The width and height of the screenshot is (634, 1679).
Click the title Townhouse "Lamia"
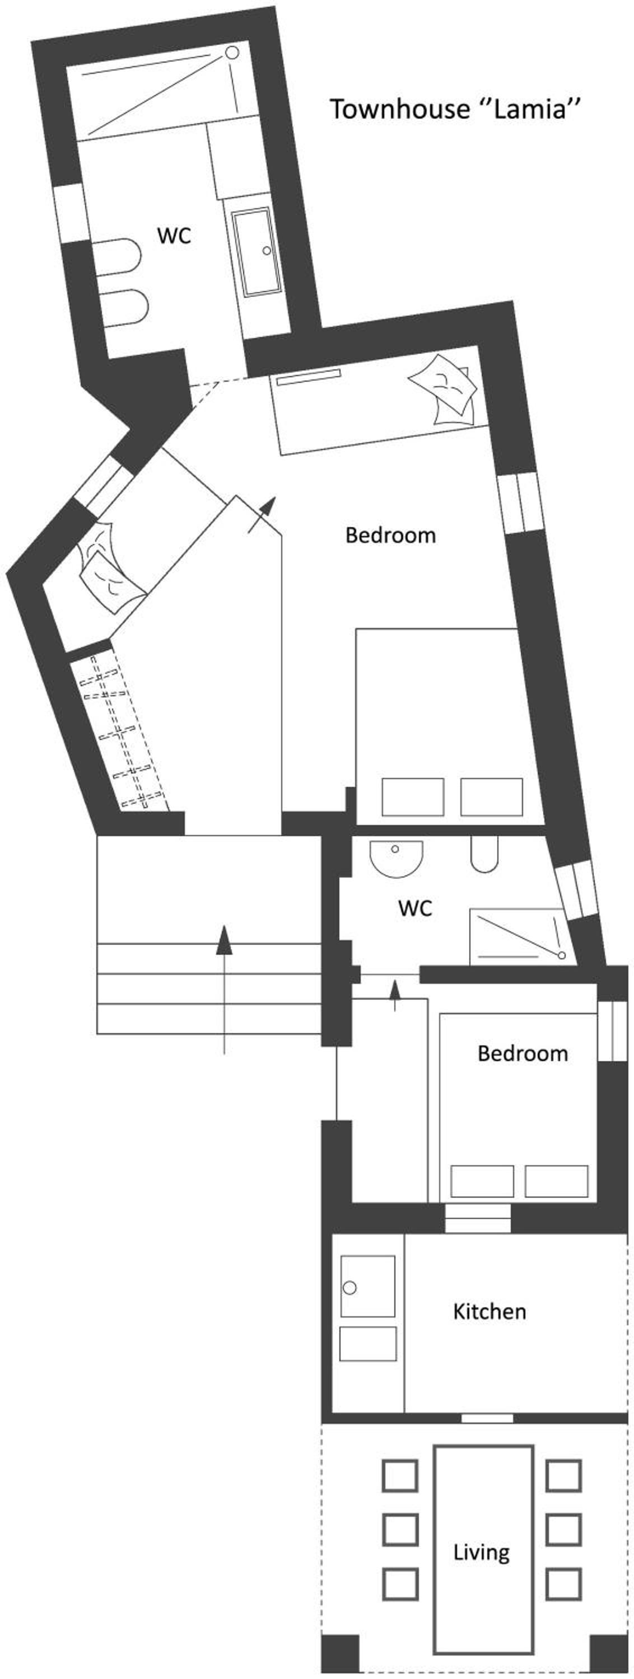coord(455,108)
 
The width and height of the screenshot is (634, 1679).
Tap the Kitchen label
coord(489,1311)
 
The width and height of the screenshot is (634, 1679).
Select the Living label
coord(481,1553)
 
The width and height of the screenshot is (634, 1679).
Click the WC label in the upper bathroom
coord(174,235)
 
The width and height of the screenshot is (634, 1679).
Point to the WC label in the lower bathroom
coord(415,908)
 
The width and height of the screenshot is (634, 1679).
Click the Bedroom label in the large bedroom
coord(391,535)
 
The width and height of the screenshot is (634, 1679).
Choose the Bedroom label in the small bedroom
coord(523,1053)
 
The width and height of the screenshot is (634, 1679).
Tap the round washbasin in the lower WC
coord(396,859)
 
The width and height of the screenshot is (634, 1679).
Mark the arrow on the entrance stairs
coord(225,989)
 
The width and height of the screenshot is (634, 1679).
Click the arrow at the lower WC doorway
coord(395,995)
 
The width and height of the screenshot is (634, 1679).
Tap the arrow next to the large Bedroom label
coord(262,515)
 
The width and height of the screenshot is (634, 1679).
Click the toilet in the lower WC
coord(484,855)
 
